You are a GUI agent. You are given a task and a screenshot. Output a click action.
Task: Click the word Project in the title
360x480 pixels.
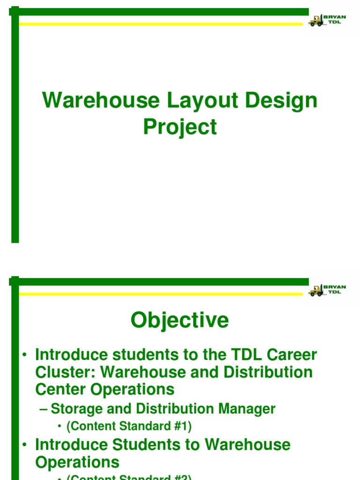(x=180, y=127)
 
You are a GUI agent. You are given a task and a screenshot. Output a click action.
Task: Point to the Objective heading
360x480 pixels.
(x=180, y=321)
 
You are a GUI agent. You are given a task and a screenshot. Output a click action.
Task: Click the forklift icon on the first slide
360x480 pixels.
(x=315, y=21)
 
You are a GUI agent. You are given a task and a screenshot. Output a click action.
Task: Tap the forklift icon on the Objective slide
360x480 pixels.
(x=315, y=291)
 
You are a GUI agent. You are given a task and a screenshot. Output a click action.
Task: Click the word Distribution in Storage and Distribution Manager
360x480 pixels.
(x=173, y=409)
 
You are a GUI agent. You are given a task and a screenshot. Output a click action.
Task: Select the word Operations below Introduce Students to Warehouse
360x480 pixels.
(x=77, y=462)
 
